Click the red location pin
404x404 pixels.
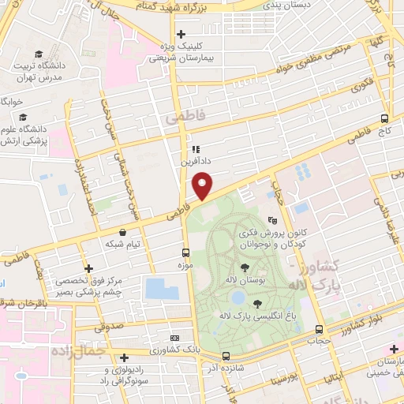pos(203,185)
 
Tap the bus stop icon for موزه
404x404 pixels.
pos(185,252)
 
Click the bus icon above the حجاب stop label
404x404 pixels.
pos(319,329)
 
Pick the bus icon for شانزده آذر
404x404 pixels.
pos(226,356)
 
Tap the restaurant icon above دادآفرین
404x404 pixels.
pos(194,148)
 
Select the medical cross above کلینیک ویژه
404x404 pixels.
pos(181,34)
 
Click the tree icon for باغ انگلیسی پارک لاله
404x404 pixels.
pos(258,303)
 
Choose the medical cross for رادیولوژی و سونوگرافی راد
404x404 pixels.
pos(124,357)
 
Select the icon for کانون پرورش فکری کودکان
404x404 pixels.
pos(272,221)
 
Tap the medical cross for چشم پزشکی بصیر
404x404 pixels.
pos(88,268)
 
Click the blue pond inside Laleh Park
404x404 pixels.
pos(237,297)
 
